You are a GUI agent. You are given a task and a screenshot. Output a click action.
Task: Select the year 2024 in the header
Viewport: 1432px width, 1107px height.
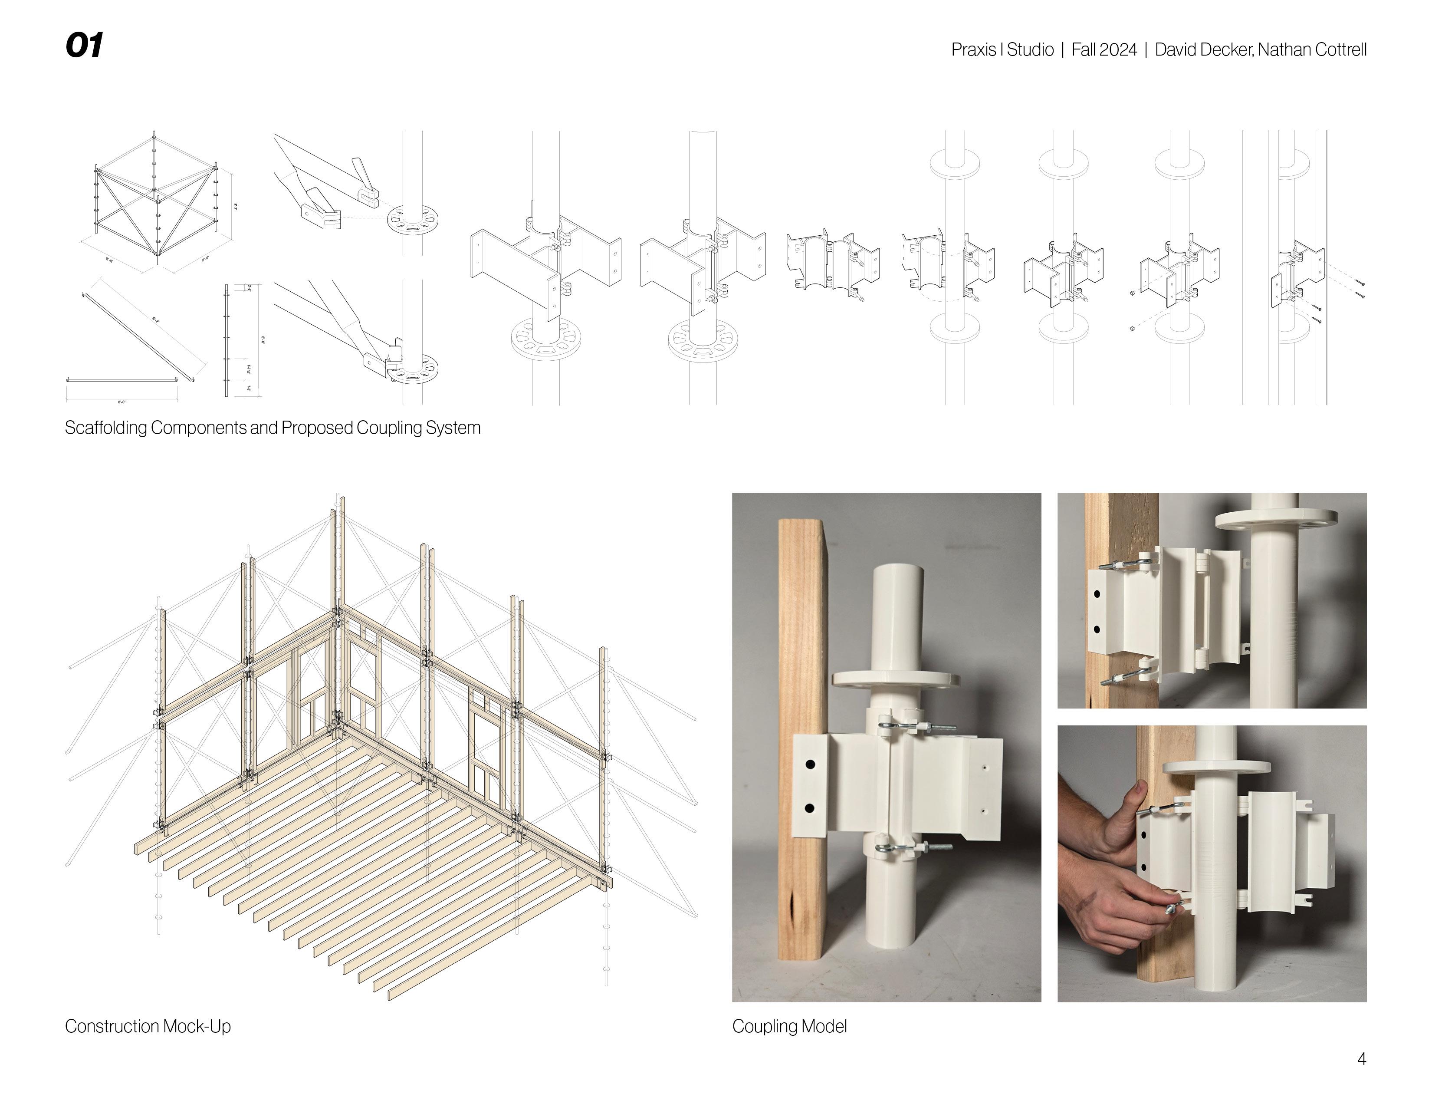pyautogui.click(x=1119, y=50)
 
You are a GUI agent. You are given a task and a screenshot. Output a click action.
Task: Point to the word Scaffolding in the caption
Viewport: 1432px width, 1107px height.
pyautogui.click(x=105, y=428)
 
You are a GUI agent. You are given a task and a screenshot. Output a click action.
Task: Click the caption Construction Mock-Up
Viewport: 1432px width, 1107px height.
pyautogui.click(x=148, y=1026)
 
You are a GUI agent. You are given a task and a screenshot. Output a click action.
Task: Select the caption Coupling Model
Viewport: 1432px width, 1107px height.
pyautogui.click(x=789, y=1026)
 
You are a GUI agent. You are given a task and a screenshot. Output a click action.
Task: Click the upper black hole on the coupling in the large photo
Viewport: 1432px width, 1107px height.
pyautogui.click(x=810, y=764)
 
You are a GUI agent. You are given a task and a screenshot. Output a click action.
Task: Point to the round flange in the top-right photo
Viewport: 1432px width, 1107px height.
pyautogui.click(x=1275, y=519)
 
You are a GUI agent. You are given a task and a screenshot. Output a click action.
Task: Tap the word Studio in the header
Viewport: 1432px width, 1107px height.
pyautogui.click(x=1030, y=50)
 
